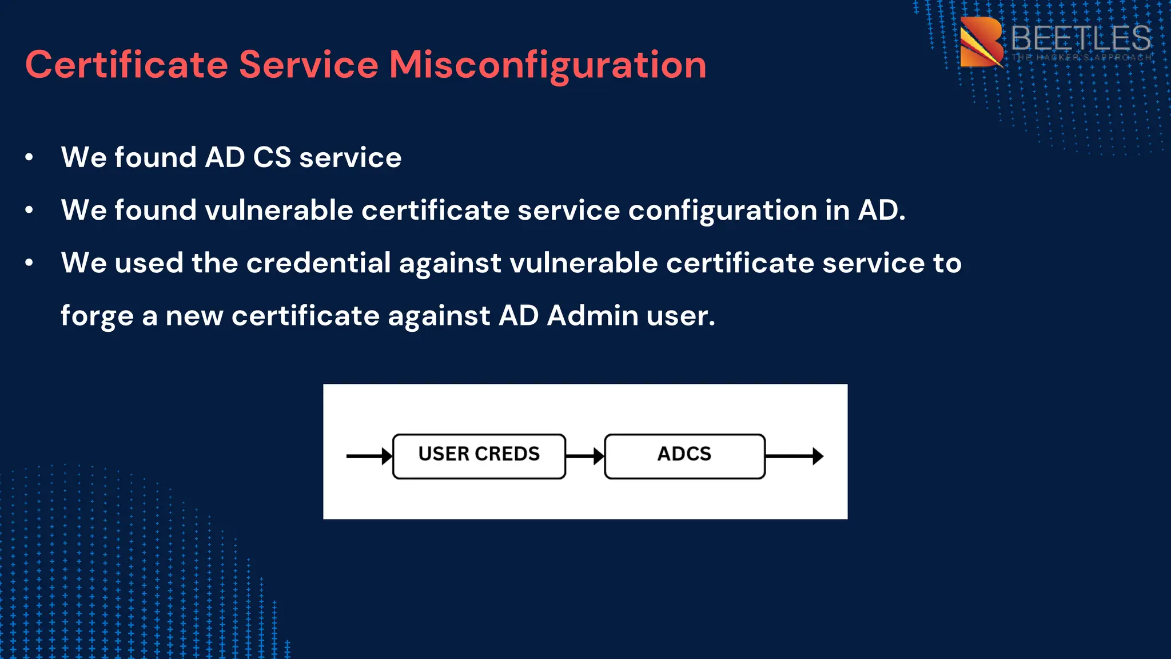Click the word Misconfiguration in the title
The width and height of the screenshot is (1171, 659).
(548, 65)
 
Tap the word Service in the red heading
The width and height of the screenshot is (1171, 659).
(309, 65)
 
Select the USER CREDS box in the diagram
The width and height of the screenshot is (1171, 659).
(479, 456)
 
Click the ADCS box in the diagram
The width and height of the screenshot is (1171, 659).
(684, 456)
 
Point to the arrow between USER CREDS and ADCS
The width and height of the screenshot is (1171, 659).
(585, 456)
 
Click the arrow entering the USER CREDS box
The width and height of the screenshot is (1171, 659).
(369, 456)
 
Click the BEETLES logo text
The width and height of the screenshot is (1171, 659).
(1080, 38)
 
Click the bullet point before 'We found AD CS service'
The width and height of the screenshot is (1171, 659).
(29, 157)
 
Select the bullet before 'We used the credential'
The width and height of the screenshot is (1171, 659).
(29, 263)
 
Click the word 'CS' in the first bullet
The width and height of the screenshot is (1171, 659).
(272, 157)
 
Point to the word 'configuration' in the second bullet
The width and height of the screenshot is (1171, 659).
(722, 211)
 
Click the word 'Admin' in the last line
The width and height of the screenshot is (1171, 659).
(592, 316)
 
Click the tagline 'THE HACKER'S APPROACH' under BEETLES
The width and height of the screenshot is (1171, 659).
(1081, 58)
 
